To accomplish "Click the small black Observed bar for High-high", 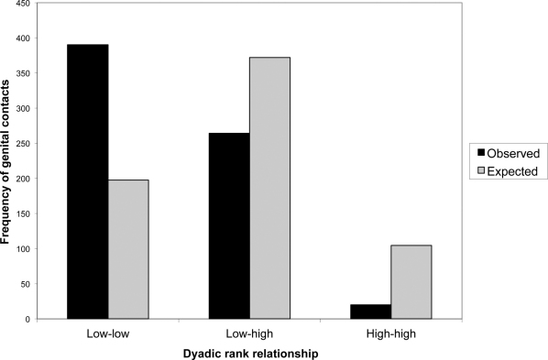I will point(370,311).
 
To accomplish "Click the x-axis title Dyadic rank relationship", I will point(249,352).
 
